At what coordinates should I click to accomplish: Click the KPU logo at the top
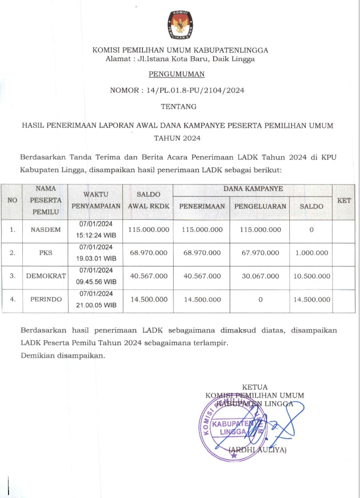pyautogui.click(x=180, y=26)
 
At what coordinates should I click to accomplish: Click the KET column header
pyautogui.click(x=344, y=201)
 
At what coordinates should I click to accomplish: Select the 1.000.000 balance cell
pyautogui.click(x=311, y=253)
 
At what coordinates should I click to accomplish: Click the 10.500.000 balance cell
pyautogui.click(x=311, y=276)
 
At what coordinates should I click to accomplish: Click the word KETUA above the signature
pyautogui.click(x=255, y=387)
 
